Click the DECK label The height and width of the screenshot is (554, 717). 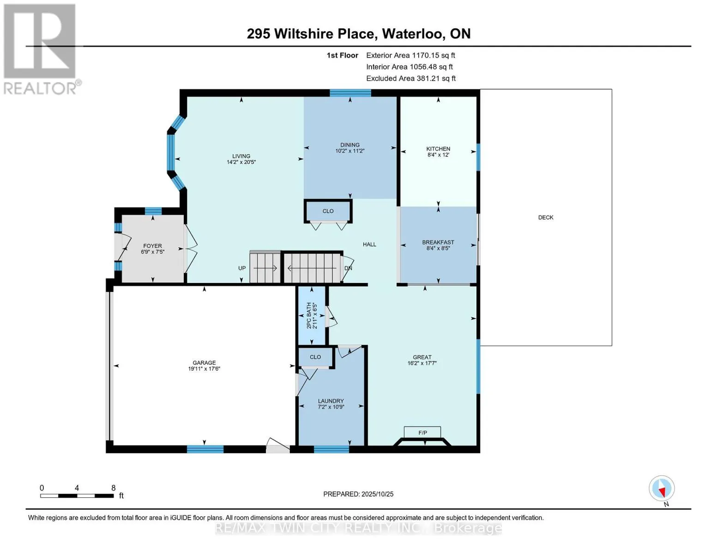tap(545, 217)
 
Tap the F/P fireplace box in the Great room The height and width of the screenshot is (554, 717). tap(422, 433)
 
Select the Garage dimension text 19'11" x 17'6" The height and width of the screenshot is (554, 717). tap(204, 369)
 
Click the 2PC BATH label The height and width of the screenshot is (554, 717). tap(309, 315)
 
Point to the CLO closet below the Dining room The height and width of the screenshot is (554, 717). tap(328, 211)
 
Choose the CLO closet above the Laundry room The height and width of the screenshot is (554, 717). tap(315, 357)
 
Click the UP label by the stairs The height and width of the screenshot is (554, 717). tap(242, 268)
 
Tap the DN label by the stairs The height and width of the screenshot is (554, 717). tap(349, 268)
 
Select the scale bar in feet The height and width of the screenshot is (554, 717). tap(77, 495)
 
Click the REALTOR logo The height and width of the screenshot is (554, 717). tap(40, 48)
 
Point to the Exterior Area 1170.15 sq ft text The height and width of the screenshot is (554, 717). tap(410, 55)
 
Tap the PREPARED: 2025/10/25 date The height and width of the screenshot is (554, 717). tap(358, 494)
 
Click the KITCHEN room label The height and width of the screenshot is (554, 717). tap(438, 149)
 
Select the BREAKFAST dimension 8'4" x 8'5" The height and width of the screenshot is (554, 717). tap(438, 248)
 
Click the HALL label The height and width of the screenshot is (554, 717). tap(369, 244)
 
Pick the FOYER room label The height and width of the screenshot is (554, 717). tap(152, 246)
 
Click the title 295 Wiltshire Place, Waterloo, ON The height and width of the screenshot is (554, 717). tap(358, 34)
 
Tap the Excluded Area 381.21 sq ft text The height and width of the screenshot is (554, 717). tap(411, 78)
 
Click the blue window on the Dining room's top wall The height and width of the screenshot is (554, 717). tap(350, 93)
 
